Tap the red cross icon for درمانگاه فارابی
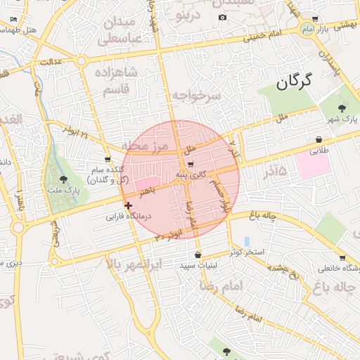tap(128, 206)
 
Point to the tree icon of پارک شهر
tap(342, 108)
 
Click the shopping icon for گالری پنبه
tap(181, 164)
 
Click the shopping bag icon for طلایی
tap(320, 139)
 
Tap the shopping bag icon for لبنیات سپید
tap(198, 255)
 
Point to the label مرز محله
tap(146, 146)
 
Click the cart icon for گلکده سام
tap(108, 160)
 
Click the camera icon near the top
tap(223, 17)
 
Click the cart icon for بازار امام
tap(314, 19)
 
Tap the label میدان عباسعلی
tap(124, 30)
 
